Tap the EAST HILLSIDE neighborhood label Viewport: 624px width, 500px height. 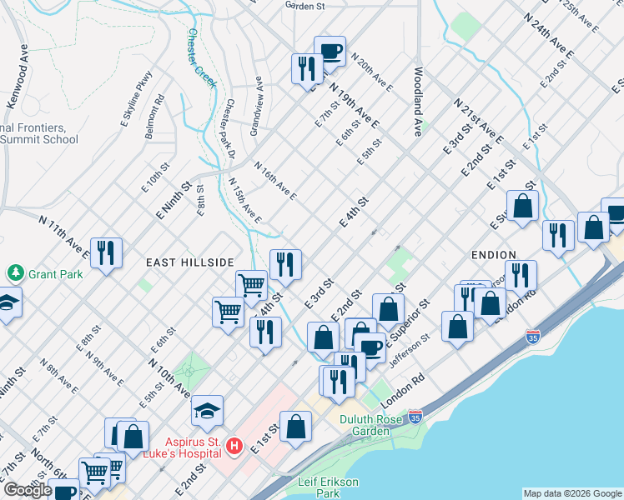point(189,262)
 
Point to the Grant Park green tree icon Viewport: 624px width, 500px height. point(14,273)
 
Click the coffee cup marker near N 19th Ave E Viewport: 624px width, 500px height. point(330,51)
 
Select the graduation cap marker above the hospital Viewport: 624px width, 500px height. point(207,410)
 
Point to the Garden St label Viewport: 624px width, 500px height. point(304,5)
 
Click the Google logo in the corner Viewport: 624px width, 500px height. point(28,490)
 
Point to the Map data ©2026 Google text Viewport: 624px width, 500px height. point(572,493)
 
